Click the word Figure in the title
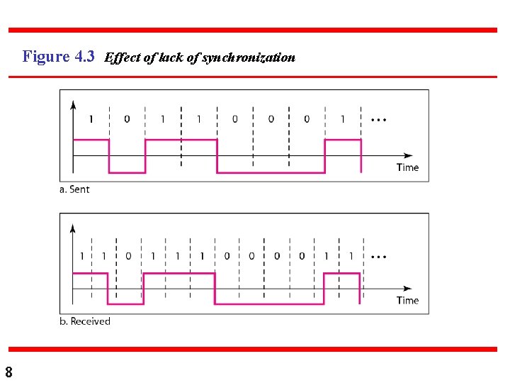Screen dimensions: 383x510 point(46,57)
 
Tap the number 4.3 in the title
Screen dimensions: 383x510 point(84,57)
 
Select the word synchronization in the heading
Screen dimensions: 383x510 point(249,58)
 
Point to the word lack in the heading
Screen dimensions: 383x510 point(171,58)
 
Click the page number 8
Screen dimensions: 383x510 point(8,372)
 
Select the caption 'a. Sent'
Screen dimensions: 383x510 point(74,189)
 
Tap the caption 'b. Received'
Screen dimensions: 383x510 point(85,321)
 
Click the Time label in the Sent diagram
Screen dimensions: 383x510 point(407,167)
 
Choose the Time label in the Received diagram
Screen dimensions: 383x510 point(407,300)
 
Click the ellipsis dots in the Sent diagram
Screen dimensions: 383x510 point(378,120)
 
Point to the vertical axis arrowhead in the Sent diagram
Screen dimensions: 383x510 point(74,104)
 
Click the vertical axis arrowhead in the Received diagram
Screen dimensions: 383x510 point(74,228)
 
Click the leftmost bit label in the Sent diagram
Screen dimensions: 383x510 point(91,119)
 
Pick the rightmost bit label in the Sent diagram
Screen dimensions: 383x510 point(343,119)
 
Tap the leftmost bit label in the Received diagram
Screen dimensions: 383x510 point(81,256)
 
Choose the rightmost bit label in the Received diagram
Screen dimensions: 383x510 point(350,256)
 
